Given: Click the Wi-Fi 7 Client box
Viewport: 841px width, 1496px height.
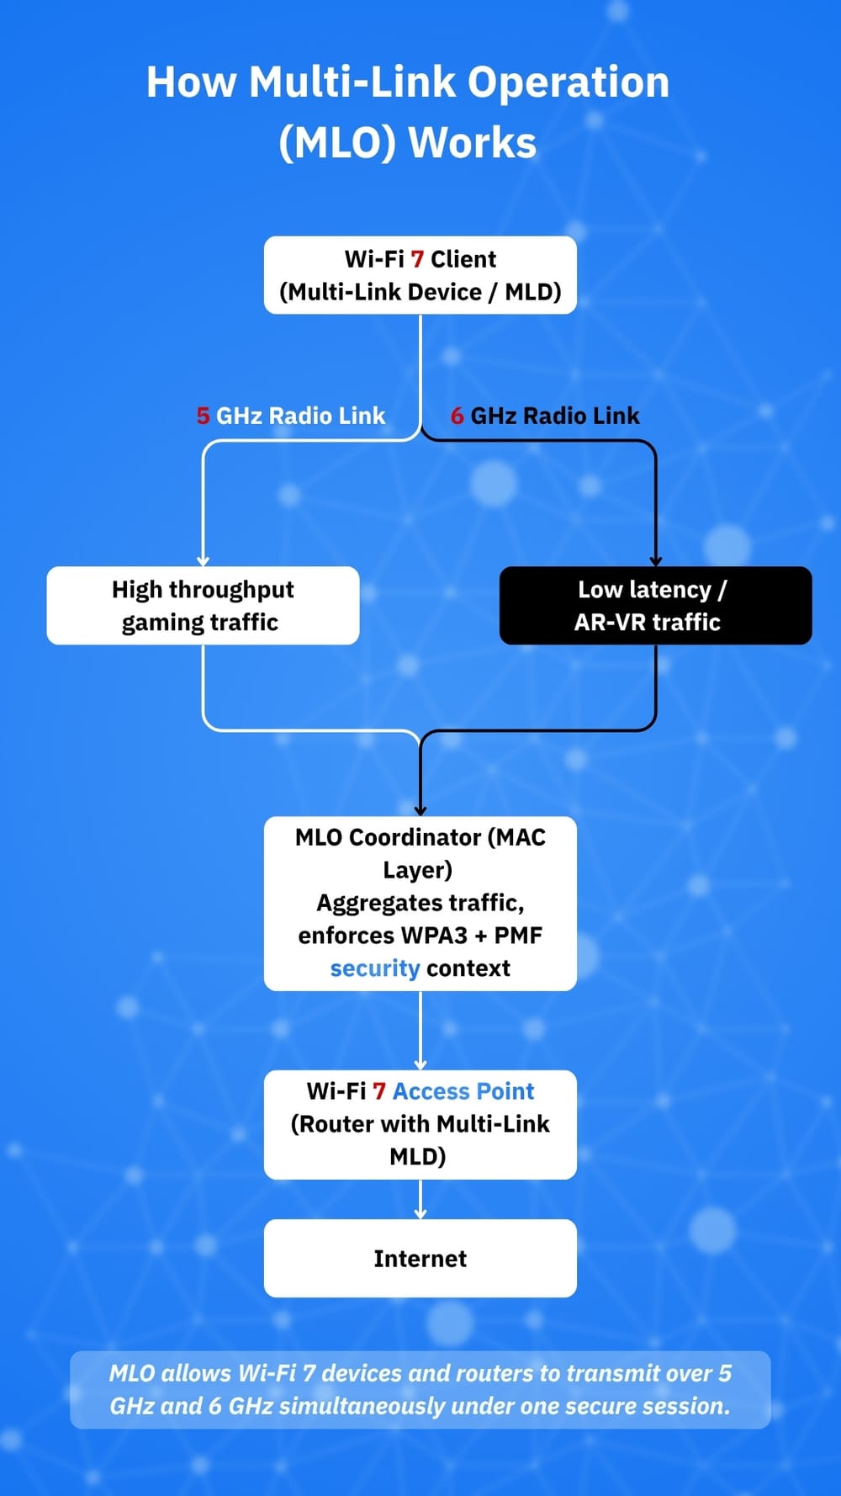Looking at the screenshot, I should click(420, 275).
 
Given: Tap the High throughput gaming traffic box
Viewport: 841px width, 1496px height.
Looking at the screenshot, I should click(203, 606).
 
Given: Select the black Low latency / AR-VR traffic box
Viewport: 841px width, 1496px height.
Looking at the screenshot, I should click(655, 606).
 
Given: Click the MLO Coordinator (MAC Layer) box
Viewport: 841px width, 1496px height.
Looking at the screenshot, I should click(420, 903).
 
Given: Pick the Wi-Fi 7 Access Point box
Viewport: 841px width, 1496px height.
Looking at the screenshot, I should click(420, 1124).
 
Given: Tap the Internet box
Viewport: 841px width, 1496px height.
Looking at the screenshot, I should click(420, 1258).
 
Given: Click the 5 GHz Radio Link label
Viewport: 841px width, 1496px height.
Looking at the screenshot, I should click(291, 416).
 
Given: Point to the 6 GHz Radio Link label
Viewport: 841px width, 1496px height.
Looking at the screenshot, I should click(545, 416).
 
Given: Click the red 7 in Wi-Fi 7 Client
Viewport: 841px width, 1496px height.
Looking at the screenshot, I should click(417, 259).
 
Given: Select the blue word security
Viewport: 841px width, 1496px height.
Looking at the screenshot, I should click(374, 968).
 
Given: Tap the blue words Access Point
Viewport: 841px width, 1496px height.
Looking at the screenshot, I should click(463, 1091).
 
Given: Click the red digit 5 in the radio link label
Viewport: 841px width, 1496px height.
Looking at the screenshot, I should click(203, 416).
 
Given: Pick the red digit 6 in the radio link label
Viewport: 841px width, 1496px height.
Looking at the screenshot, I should click(457, 416).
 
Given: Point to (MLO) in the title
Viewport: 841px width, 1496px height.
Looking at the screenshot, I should click(336, 142).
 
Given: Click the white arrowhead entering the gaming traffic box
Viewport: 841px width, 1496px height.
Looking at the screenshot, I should click(203, 560).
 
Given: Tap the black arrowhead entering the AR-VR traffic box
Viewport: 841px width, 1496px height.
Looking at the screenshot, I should click(656, 560).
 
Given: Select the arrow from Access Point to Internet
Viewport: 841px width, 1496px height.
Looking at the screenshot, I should click(420, 1200).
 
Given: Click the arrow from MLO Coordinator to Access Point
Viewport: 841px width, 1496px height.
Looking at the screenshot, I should click(420, 1031).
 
